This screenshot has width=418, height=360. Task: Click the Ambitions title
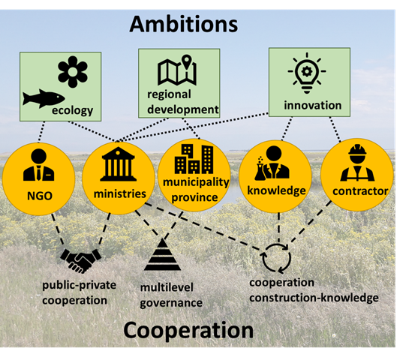tap(183, 24)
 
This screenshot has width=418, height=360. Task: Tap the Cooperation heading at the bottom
tap(188, 331)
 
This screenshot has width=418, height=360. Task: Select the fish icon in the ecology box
tap(44, 98)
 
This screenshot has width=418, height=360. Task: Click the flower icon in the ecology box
tap(73, 72)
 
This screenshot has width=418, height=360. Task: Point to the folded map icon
tap(177, 70)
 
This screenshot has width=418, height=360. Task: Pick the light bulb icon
tap(307, 73)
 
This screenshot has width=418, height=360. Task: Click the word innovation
tap(313, 105)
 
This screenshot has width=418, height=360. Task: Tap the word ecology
tap(72, 110)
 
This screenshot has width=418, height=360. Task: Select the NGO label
tap(40, 196)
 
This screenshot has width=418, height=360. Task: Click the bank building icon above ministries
tap(118, 164)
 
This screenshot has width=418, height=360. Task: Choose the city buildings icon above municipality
tap(194, 159)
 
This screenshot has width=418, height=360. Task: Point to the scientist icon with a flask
tap(272, 163)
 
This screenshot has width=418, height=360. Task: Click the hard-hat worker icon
tap(357, 163)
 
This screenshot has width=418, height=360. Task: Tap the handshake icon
tap(81, 261)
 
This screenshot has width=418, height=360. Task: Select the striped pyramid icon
tap(162, 255)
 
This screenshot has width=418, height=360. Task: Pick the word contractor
tap(360, 191)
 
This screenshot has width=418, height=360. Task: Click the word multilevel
tap(167, 287)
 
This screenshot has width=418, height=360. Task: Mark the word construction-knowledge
tap(314, 298)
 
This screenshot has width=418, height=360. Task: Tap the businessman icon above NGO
tap(39, 165)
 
